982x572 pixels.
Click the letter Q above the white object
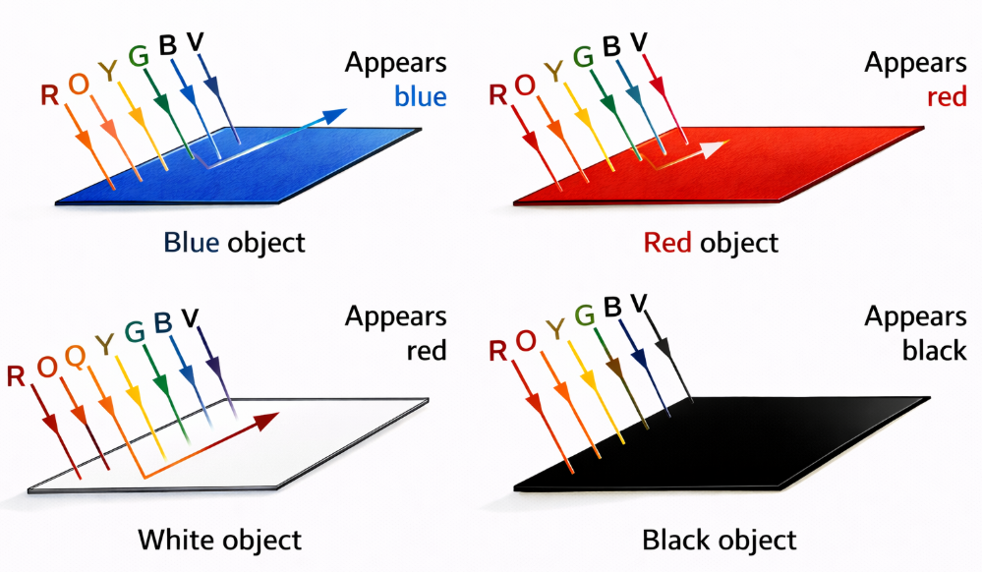75,357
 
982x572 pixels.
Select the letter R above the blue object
49,95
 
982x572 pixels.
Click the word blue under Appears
420,96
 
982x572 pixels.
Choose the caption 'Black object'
719,540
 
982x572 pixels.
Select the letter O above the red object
526,86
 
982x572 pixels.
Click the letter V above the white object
191,316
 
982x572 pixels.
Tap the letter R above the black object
496,351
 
